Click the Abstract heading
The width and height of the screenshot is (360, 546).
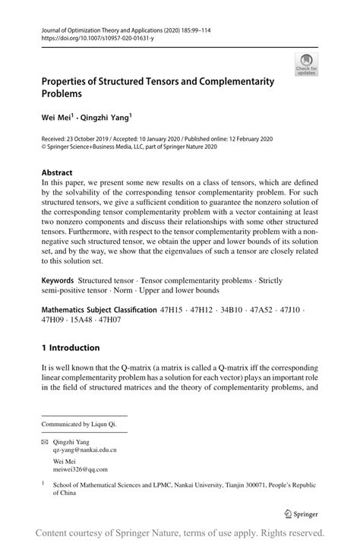pos(58,172)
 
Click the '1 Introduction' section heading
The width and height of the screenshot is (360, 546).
pos(71,348)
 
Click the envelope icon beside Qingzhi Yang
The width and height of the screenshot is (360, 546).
pos(45,440)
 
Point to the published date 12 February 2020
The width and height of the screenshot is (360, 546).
pos(245,140)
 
